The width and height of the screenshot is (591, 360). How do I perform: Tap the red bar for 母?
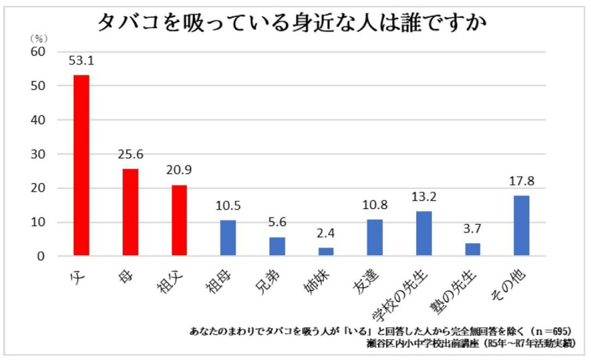(x=130, y=212)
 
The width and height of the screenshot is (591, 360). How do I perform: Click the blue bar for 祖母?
(x=228, y=238)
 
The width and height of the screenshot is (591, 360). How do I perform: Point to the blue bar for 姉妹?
(x=326, y=251)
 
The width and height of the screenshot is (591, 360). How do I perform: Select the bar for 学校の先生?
(x=424, y=234)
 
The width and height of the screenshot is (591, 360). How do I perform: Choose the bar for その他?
(x=521, y=226)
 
